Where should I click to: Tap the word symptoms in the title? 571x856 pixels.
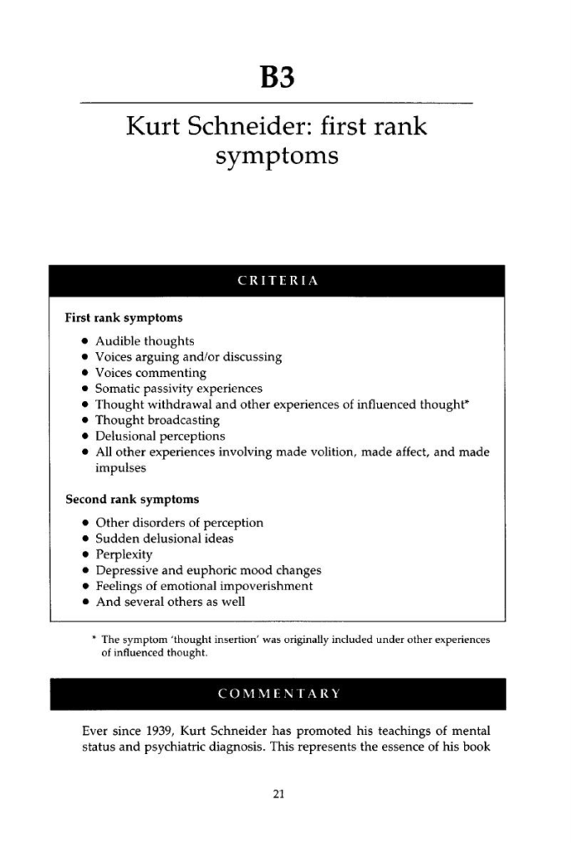point(276,155)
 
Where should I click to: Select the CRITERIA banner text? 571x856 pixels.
point(278,282)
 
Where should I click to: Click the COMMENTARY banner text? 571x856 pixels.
point(278,693)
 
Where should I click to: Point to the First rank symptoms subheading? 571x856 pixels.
point(124,318)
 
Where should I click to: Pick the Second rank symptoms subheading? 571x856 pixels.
point(132,500)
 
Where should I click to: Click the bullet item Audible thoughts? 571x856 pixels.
point(145,341)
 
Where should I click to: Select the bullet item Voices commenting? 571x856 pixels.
point(150,373)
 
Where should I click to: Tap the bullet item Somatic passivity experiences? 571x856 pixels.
point(179,389)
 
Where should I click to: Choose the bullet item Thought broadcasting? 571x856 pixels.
point(157,420)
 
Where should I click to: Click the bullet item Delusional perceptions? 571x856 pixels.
point(160,436)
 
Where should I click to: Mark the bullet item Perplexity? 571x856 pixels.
point(125,554)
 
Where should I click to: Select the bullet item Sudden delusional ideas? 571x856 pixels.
point(165,538)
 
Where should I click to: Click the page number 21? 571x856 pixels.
point(279,794)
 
